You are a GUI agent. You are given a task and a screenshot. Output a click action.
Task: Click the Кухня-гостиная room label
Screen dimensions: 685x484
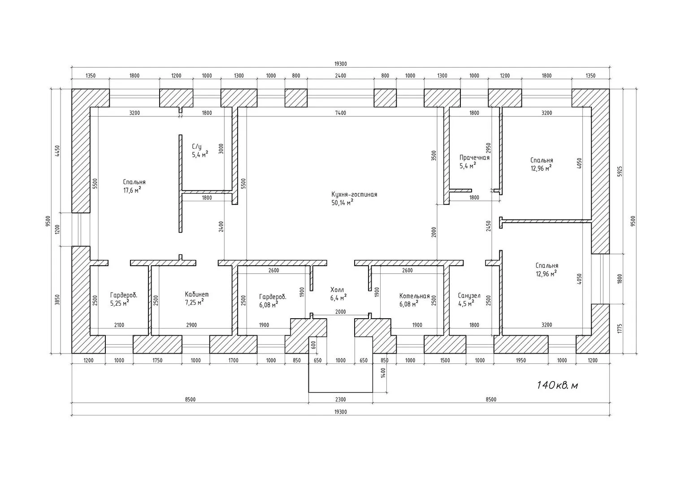click(354, 194)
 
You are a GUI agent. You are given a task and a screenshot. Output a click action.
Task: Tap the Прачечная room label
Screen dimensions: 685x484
click(474, 158)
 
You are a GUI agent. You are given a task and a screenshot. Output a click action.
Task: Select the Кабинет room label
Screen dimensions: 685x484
click(197, 294)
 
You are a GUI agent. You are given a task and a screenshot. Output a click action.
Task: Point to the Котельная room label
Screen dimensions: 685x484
click(414, 296)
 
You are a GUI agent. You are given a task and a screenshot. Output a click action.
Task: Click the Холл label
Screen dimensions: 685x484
click(337, 290)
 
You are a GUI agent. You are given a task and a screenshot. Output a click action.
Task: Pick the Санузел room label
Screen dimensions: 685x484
click(469, 296)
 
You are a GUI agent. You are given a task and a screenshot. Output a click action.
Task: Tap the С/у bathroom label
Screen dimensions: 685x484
click(197, 147)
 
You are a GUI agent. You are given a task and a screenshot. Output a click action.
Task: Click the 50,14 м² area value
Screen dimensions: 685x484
click(342, 203)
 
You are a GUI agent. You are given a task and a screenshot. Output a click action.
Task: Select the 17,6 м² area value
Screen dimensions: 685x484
click(132, 190)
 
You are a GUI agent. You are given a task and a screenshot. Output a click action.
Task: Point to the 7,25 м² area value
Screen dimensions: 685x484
click(194, 302)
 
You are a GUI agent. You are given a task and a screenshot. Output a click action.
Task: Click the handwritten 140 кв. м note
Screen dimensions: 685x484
click(558, 385)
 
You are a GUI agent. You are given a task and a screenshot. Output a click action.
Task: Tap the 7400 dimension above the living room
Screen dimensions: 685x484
click(340, 113)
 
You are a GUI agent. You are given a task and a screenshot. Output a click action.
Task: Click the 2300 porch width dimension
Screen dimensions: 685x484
click(340, 399)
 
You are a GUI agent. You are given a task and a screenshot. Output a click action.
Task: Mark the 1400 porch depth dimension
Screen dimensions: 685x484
click(383, 373)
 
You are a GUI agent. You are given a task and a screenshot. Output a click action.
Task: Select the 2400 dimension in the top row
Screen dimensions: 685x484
click(340, 76)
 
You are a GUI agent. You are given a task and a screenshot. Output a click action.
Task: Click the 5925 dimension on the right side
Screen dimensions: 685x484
click(620, 172)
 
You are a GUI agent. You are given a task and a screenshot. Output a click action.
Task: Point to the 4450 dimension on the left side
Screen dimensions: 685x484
click(57, 151)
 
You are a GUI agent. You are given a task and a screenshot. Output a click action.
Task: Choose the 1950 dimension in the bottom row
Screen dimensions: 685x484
click(521, 360)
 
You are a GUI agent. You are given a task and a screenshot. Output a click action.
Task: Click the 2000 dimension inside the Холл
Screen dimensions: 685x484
click(340, 311)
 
